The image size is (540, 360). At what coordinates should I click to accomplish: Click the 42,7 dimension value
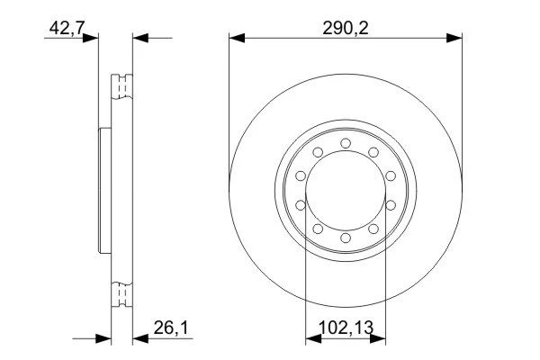tap(67, 28)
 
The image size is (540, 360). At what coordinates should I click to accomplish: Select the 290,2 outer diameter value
tap(346, 28)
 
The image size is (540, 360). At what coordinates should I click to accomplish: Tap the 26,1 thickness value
tap(171, 328)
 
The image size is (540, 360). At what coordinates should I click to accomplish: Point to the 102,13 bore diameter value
tap(346, 328)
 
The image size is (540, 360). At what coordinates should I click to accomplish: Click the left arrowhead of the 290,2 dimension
tap(237, 38)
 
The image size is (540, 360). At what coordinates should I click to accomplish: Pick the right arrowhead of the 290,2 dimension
tap(454, 38)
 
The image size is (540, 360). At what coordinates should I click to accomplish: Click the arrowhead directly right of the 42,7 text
tap(91, 38)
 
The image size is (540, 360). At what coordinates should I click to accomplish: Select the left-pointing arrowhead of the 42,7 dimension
tap(140, 38)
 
